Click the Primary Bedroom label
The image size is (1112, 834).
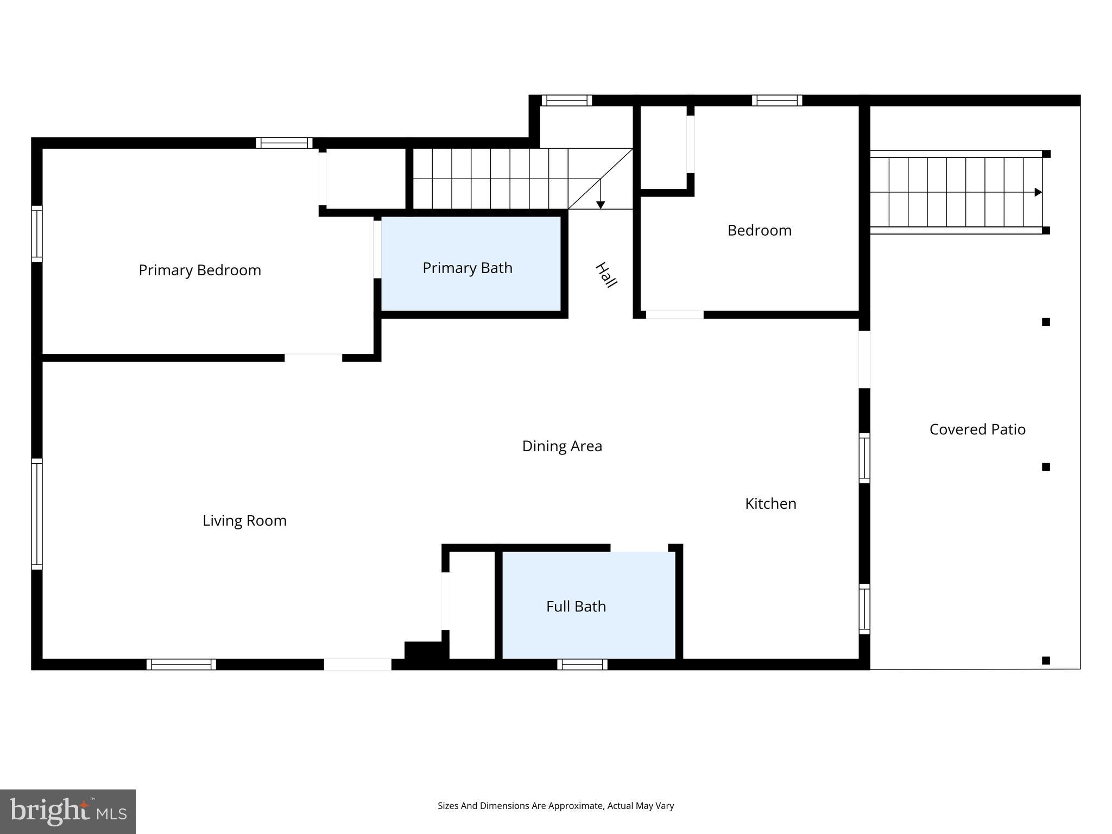200,270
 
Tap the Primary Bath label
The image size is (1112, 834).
467,268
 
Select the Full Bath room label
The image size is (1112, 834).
576,606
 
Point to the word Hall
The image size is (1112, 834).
606,275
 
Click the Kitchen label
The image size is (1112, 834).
770,504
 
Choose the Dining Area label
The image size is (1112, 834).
562,446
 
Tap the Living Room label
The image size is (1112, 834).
244,521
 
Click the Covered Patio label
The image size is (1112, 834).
977,429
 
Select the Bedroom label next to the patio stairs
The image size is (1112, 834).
759,230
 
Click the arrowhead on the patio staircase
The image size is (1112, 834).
1038,192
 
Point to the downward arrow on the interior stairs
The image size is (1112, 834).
601,204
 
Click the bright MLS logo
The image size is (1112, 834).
68,812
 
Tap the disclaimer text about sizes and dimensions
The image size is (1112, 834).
555,806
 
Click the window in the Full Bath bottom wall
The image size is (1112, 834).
582,664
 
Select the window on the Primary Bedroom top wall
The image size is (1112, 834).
284,143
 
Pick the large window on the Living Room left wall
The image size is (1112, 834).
36,514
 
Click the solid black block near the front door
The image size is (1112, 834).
424,650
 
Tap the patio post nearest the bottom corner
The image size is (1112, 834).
1046,661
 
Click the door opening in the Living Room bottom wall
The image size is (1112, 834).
357,664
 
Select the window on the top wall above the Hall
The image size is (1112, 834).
566,100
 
